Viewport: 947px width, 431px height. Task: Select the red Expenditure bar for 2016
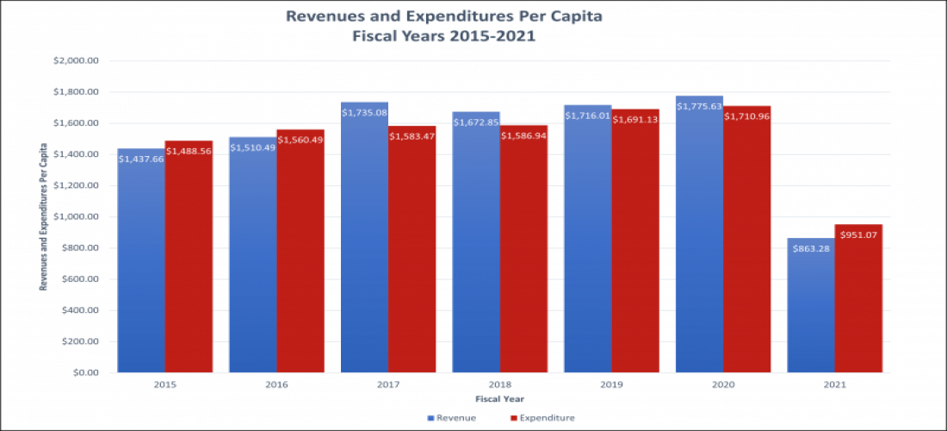(300, 259)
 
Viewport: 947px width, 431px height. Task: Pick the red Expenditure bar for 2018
(523, 259)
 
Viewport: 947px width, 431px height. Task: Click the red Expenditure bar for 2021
(858, 302)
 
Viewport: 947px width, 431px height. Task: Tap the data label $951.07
(858, 235)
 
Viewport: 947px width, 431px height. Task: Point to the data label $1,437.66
(141, 159)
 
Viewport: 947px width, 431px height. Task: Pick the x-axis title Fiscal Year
(499, 399)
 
